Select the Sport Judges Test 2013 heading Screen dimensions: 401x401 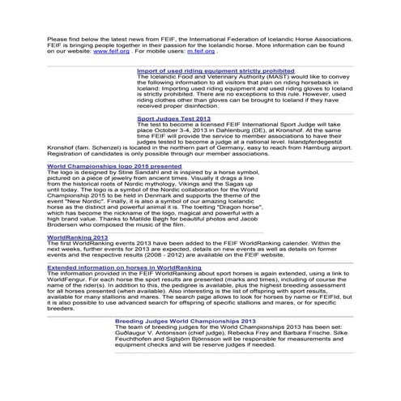point(174,118)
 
